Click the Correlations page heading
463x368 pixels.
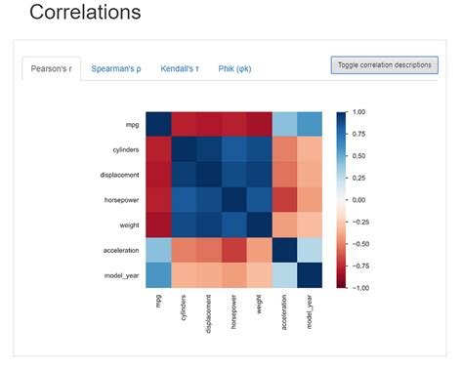coord(85,14)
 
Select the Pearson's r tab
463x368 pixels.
coord(51,68)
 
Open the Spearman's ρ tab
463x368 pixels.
coord(116,68)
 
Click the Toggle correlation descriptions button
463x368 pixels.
coord(384,64)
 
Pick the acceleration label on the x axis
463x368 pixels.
coord(284,314)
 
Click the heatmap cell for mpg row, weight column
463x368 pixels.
coord(260,125)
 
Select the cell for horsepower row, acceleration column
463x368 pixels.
coord(284,199)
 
